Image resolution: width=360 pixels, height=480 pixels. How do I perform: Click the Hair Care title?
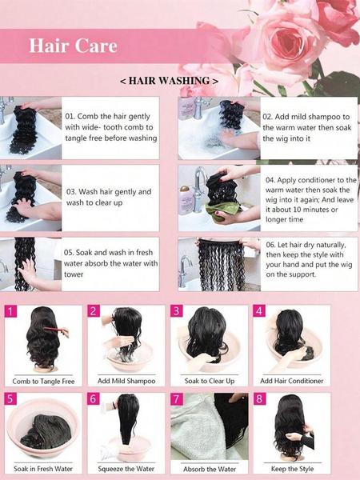pos(73,46)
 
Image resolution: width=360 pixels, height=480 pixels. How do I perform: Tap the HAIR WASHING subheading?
pos(169,82)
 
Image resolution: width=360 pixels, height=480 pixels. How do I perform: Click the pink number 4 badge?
pos(258,310)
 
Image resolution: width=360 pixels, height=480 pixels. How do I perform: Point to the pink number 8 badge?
pos(258,398)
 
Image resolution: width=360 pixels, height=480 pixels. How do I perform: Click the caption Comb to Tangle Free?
pos(44,382)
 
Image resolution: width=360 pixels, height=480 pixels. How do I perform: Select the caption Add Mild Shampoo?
pos(126,382)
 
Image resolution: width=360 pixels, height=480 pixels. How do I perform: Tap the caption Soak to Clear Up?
pos(209,382)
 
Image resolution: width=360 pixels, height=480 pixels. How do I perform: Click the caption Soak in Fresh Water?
pos(44,469)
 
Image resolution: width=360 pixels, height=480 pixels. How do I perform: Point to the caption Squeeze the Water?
pos(126,469)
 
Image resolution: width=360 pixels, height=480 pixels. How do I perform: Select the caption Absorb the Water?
pos(209,469)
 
